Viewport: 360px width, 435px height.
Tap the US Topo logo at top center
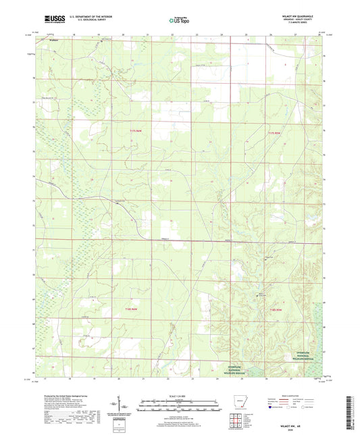pyautogui.click(x=177, y=21)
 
